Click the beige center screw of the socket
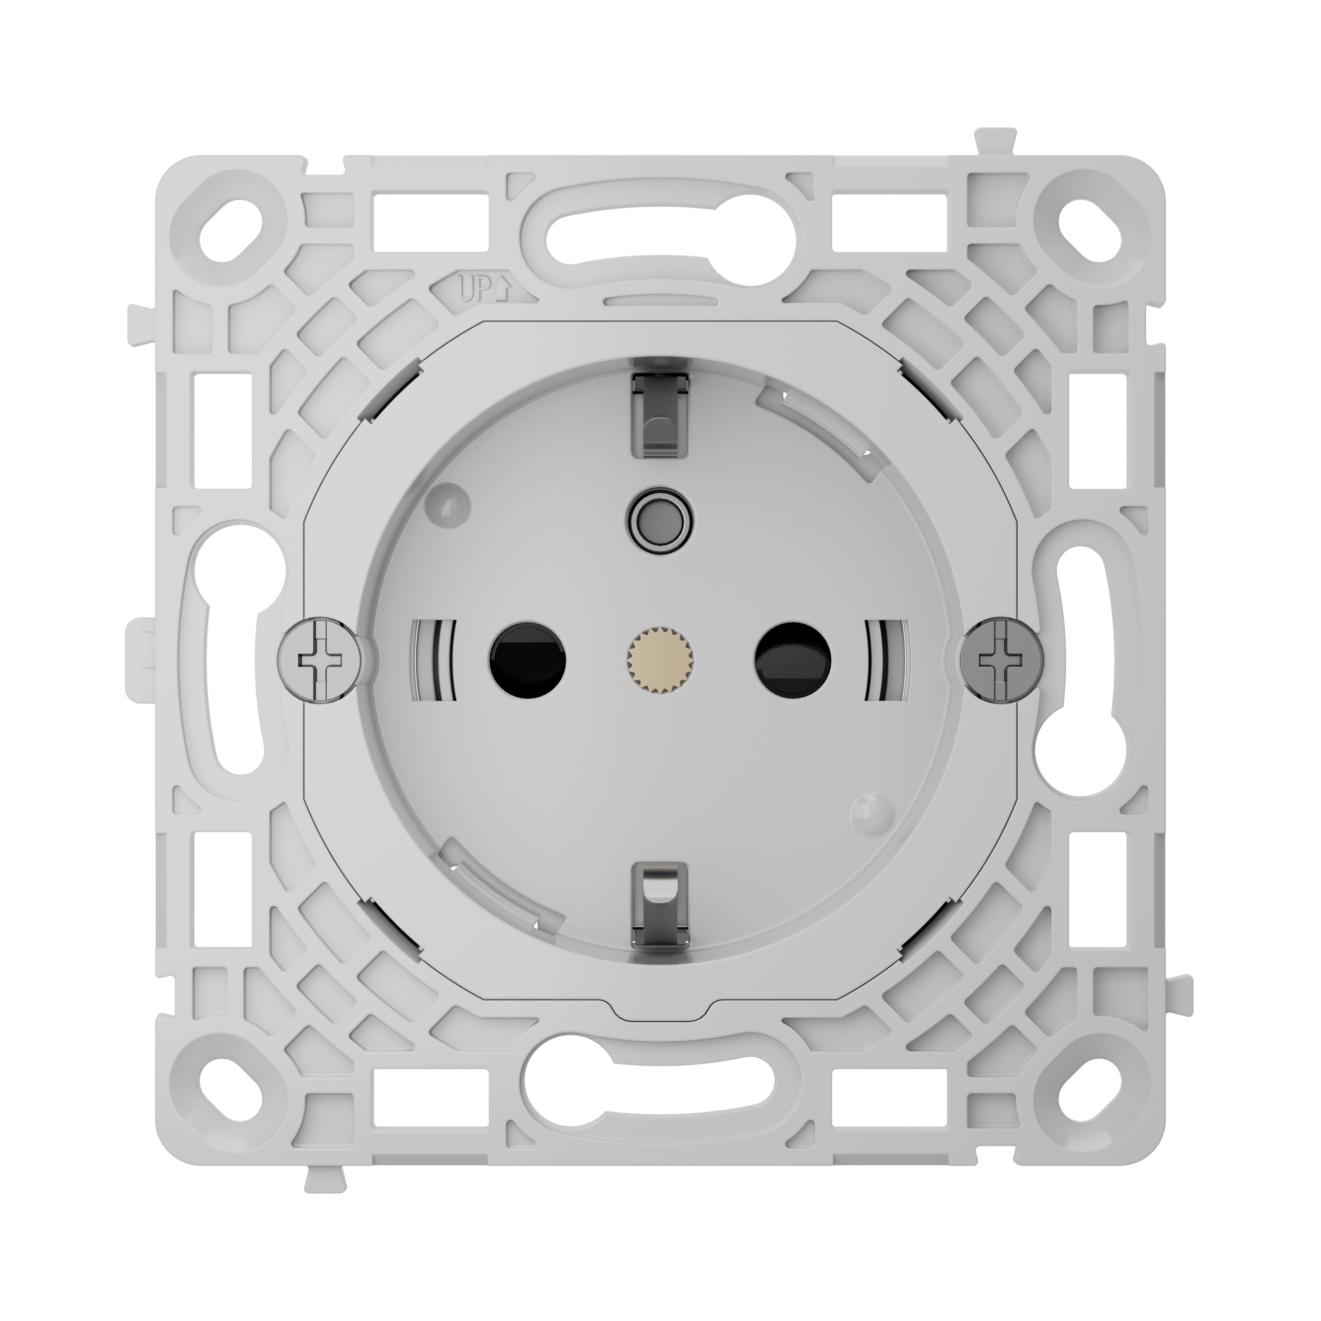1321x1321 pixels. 660,659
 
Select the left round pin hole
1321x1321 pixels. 527,659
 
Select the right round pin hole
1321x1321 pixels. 793,659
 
